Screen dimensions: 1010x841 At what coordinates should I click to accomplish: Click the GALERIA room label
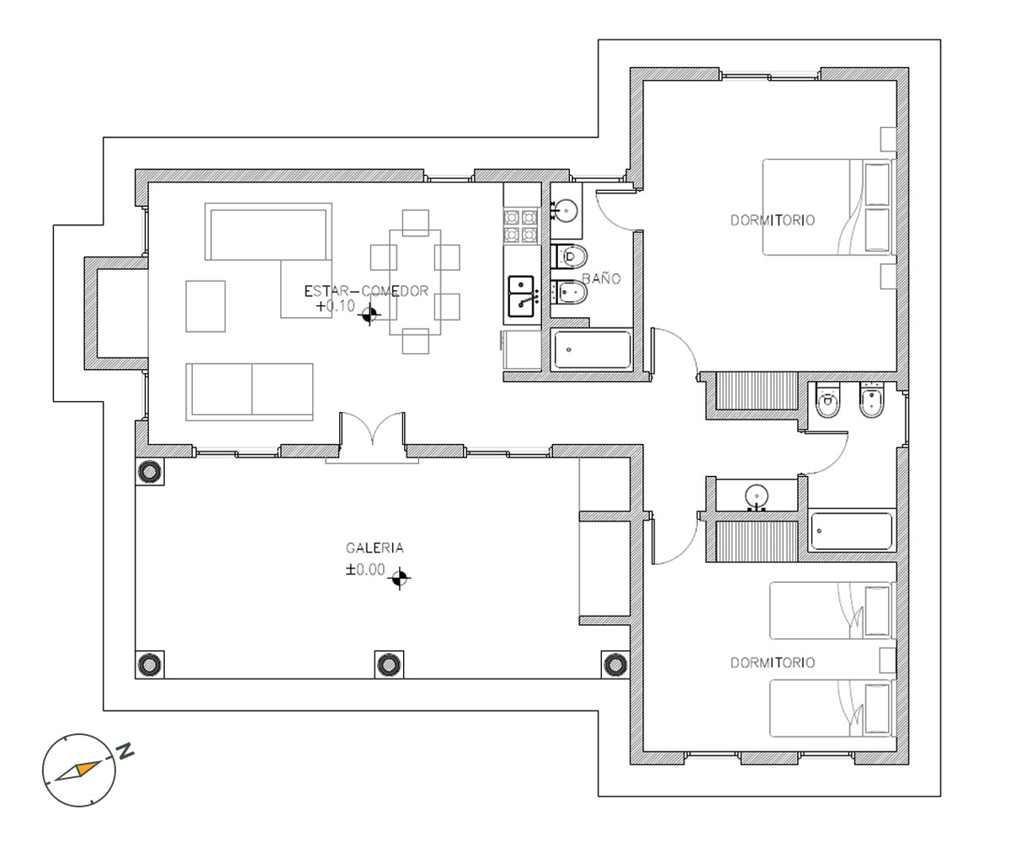point(375,547)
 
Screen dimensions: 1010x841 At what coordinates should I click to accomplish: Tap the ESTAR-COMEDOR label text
point(366,291)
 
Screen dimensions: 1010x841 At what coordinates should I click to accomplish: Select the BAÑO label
point(601,278)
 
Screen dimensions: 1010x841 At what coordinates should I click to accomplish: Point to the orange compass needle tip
point(101,761)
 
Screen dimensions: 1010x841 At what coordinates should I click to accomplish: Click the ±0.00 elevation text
point(365,569)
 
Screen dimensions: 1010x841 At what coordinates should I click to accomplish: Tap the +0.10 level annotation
point(336,306)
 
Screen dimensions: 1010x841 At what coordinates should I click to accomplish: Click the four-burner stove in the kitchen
point(521,225)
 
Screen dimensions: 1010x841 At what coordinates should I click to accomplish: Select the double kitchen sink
point(521,296)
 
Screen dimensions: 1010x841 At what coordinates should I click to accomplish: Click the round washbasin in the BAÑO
point(566,211)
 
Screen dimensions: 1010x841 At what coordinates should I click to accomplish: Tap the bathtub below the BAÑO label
point(592,350)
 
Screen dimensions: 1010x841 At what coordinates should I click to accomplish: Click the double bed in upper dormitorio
point(827,207)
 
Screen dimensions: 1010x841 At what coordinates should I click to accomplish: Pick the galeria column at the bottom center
point(389,664)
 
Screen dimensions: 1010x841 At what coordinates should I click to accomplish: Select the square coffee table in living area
point(205,306)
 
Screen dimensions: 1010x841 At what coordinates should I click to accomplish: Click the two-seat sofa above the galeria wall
point(250,392)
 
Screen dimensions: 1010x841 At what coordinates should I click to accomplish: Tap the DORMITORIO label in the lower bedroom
point(773,662)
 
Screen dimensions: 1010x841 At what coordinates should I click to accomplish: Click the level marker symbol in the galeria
point(400,578)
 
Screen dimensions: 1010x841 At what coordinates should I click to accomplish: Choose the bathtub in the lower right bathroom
point(851,532)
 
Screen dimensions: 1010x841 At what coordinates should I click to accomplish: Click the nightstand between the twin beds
point(887,660)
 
